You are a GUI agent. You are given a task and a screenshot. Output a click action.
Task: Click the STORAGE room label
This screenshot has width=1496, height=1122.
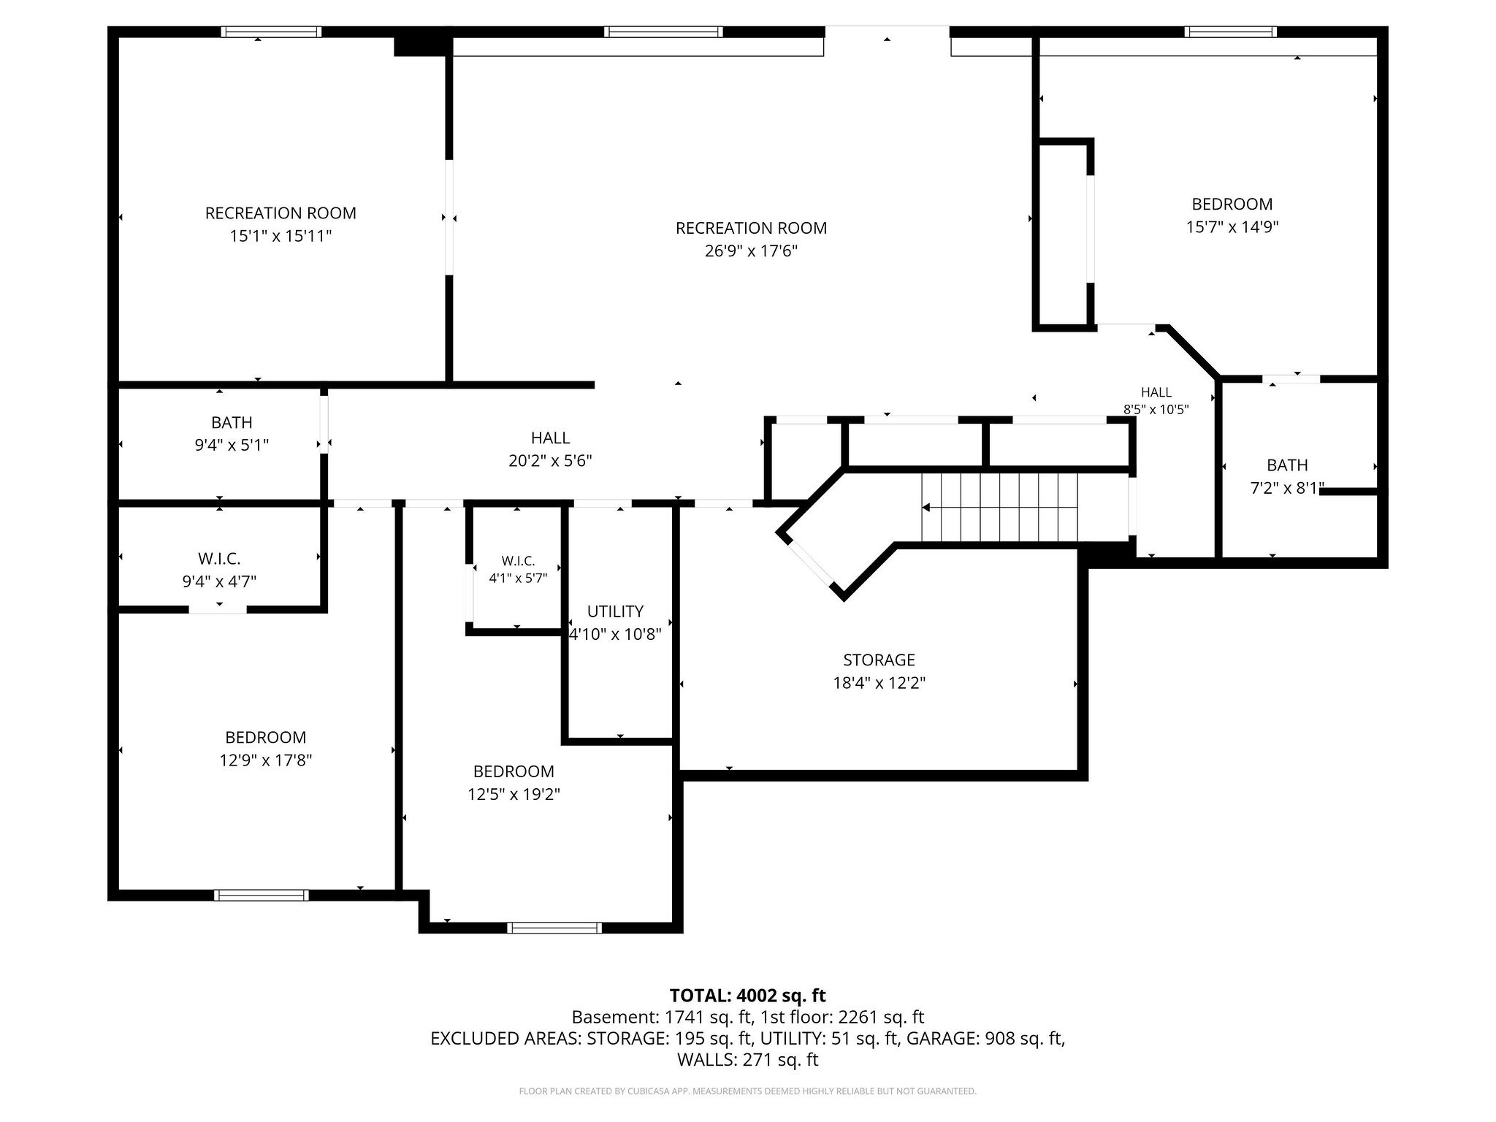879,660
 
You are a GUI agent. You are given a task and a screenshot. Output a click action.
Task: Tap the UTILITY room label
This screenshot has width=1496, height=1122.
615,611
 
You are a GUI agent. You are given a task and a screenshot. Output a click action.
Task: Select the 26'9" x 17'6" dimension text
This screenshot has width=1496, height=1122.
751,251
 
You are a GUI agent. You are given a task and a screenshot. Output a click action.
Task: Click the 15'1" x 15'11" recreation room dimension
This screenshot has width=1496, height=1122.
280,236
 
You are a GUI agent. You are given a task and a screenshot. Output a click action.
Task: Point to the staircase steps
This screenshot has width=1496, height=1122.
999,507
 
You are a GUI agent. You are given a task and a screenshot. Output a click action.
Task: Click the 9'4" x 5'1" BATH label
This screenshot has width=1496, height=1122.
232,422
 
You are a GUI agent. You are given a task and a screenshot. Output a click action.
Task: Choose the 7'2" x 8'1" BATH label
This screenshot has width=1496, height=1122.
1287,465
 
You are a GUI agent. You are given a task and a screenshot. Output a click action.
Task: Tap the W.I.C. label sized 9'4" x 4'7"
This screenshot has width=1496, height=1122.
219,559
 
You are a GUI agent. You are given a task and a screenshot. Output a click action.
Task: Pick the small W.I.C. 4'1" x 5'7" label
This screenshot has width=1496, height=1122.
518,561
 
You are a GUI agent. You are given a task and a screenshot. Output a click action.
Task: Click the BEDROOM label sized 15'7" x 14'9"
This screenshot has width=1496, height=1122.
1232,204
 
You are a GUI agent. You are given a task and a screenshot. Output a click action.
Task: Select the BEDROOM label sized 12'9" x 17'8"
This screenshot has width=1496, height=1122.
265,737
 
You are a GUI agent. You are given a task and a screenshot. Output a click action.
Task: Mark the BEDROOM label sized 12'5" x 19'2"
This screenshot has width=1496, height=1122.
514,771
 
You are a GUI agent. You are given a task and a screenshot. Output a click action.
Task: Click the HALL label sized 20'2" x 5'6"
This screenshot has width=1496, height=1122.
550,438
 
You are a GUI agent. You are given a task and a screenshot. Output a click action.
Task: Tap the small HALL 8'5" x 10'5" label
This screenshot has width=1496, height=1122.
1156,392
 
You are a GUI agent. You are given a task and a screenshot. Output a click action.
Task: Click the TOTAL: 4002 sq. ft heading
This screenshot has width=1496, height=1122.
748,995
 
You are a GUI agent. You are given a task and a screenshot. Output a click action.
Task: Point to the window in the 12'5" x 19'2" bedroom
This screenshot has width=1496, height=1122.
555,928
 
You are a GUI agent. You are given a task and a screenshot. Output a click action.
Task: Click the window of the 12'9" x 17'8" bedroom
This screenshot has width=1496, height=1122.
262,895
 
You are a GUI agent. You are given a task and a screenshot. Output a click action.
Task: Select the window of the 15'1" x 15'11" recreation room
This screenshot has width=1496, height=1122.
271,31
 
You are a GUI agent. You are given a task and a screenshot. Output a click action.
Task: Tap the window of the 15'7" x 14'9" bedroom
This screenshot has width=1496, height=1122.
1231,31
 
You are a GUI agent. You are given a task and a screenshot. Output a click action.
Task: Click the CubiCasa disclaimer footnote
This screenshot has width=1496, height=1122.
748,1091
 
